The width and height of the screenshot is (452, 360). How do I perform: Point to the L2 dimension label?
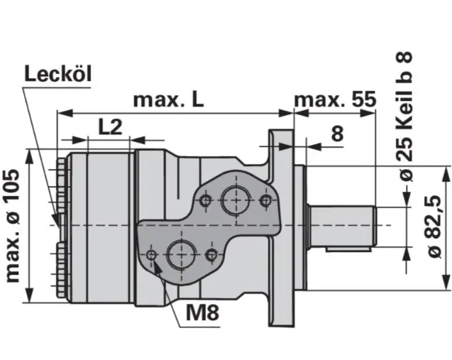[x=110, y=127]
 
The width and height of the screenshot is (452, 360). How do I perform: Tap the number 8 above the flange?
[x=336, y=133]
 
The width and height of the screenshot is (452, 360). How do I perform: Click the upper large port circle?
[x=233, y=200]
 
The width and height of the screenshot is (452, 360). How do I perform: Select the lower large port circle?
[x=182, y=253]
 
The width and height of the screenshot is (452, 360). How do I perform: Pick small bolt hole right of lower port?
[x=210, y=254]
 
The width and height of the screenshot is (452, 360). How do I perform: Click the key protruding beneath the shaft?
[x=348, y=249]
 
